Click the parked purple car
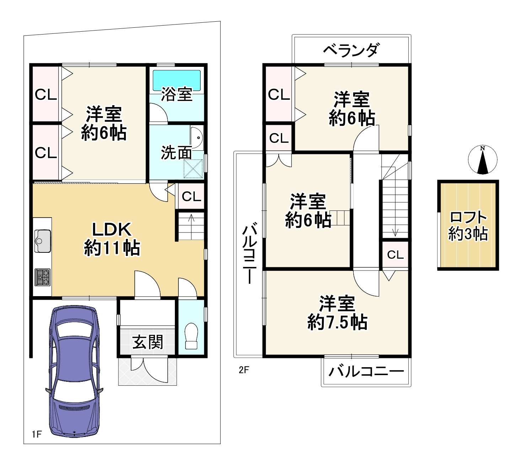point(74,372)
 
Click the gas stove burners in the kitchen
point(43,277)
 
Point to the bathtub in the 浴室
point(177,80)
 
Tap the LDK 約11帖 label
point(112,239)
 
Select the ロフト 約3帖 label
point(468,226)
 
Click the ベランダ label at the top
point(351,50)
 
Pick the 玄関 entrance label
point(148,342)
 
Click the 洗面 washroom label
point(176,153)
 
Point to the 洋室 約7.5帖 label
point(337,313)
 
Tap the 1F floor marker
point(37,434)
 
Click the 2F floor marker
point(244,370)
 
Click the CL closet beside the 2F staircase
point(395,255)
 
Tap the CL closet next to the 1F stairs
point(192,196)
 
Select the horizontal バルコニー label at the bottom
point(366,372)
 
